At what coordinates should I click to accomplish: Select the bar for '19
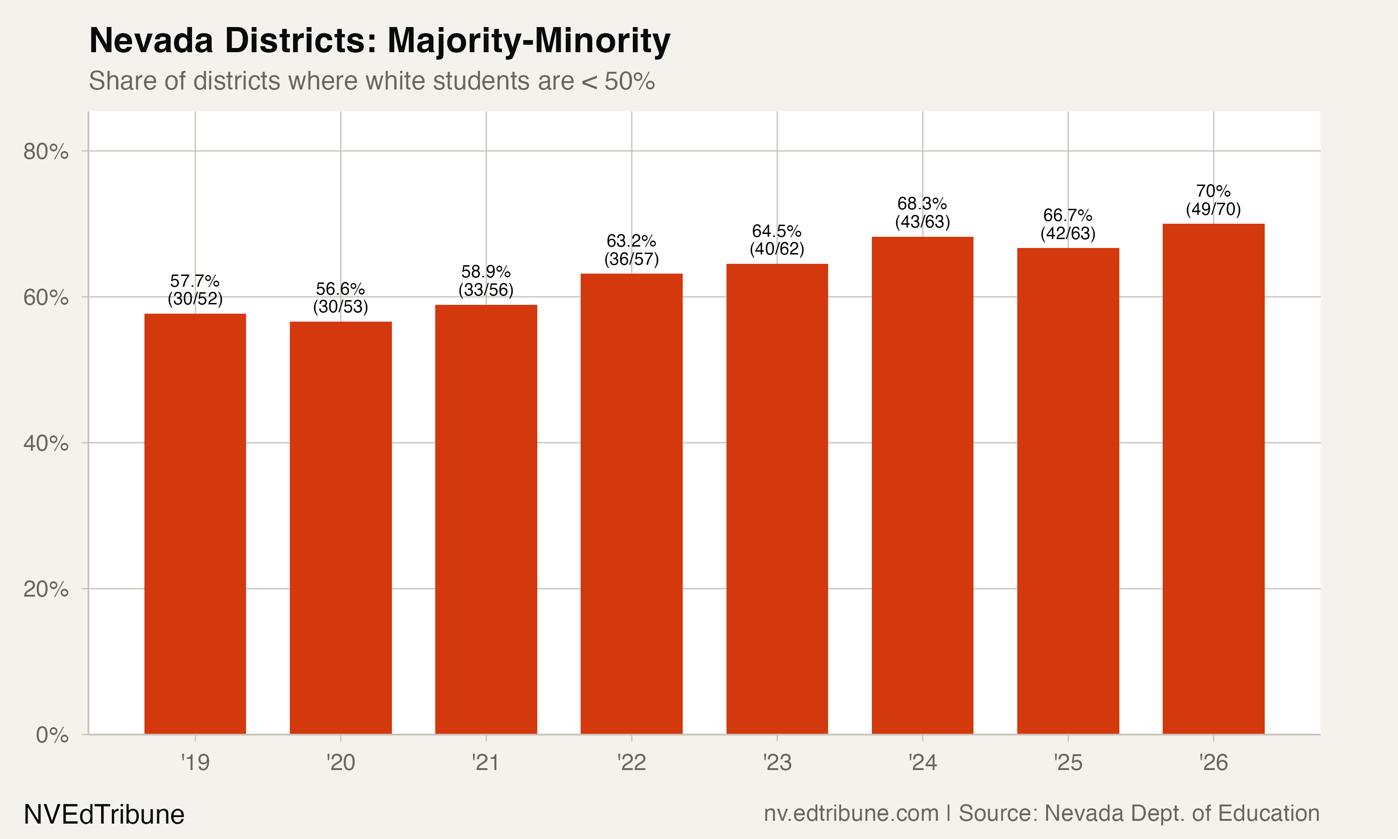(x=195, y=523)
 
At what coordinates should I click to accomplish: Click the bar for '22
(x=631, y=503)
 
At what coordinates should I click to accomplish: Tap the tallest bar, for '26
(x=1213, y=478)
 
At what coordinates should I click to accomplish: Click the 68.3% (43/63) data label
(x=922, y=213)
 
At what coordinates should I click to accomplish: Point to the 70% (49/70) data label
(x=1213, y=200)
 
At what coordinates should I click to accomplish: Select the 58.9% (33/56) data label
(x=486, y=281)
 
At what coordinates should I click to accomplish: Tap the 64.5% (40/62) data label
(x=776, y=240)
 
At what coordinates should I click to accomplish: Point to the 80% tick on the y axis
(x=46, y=151)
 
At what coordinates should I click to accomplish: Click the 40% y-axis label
(x=46, y=443)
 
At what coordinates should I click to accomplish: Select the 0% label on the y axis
(x=52, y=735)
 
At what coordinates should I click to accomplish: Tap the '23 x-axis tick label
(x=777, y=763)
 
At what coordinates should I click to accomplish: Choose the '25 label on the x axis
(x=1068, y=763)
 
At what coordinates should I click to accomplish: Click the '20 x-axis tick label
(x=340, y=763)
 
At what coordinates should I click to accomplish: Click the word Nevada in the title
(x=151, y=41)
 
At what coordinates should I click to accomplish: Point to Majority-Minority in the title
(x=528, y=41)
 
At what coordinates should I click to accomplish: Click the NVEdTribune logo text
(x=104, y=815)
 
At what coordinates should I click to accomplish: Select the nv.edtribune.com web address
(x=850, y=813)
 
